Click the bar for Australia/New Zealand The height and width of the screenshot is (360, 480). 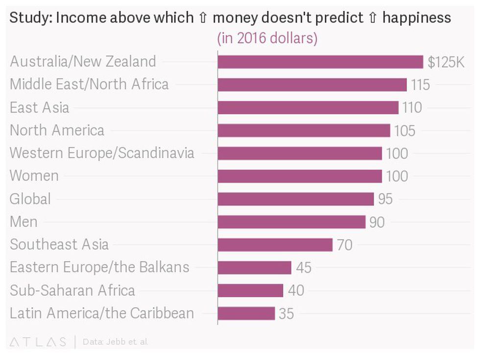[x=320, y=62]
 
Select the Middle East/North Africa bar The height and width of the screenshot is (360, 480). [x=312, y=85]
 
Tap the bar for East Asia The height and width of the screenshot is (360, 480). [x=308, y=108]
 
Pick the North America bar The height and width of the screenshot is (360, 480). [x=304, y=130]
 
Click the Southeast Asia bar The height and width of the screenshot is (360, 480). [x=275, y=245]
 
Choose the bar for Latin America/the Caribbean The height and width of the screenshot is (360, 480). [x=246, y=313]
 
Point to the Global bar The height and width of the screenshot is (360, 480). [x=295, y=199]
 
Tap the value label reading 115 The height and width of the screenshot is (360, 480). [x=420, y=85]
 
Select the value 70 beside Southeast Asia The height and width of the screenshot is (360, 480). [x=344, y=245]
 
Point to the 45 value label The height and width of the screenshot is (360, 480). [x=304, y=267]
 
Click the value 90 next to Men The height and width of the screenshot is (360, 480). [x=377, y=222]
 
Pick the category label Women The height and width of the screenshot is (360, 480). [x=34, y=176]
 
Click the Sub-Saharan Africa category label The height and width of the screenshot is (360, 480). [x=72, y=290]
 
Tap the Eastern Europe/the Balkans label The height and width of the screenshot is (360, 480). [x=99, y=267]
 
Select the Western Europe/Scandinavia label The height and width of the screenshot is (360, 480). [x=102, y=153]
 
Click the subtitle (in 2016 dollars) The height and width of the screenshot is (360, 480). [x=267, y=38]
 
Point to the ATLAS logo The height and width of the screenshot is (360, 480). [x=38, y=341]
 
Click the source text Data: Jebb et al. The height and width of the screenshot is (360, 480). [x=116, y=341]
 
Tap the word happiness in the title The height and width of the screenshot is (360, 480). [x=416, y=18]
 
